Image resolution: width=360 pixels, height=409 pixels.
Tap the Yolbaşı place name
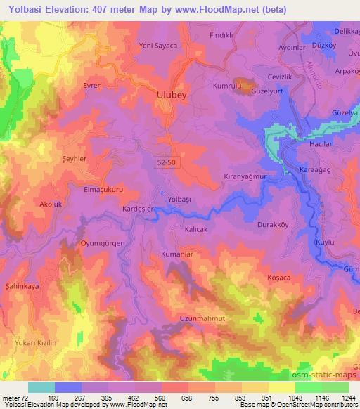tap(178, 200)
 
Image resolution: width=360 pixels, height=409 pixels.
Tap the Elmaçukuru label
tap(103, 189)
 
